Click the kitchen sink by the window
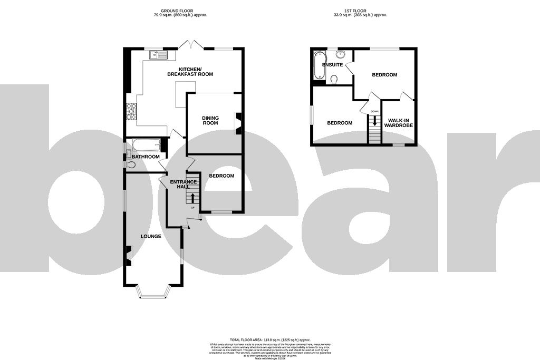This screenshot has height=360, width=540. pyautogui.click(x=158, y=54)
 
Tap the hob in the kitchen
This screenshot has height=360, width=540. pyautogui.click(x=130, y=111)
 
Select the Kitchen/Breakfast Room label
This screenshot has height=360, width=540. pyautogui.click(x=190, y=72)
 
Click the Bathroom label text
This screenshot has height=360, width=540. pyautogui.click(x=146, y=157)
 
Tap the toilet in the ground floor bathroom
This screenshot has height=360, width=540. pyautogui.click(x=130, y=165)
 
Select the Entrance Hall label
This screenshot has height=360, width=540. pyautogui.click(x=183, y=184)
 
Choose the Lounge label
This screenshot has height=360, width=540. pyautogui.click(x=151, y=236)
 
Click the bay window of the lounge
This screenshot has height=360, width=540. pyautogui.click(x=155, y=293)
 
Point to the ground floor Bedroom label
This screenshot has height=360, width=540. pyautogui.click(x=221, y=176)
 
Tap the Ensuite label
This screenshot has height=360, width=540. pyautogui.click(x=333, y=65)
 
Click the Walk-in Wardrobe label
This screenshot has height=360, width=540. pyautogui.click(x=399, y=123)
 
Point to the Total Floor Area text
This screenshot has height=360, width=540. pyautogui.click(x=269, y=340)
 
